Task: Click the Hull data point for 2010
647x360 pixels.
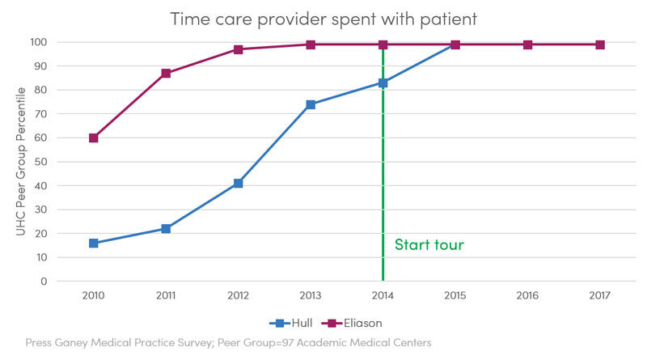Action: pyautogui.click(x=94, y=244)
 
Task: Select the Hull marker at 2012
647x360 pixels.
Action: pyautogui.click(x=238, y=184)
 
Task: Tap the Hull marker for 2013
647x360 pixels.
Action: pyautogui.click(x=311, y=104)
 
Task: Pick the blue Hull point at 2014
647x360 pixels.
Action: pyautogui.click(x=383, y=83)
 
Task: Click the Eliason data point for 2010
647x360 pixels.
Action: pyautogui.click(x=94, y=138)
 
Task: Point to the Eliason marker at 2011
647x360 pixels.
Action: pyautogui.click(x=166, y=74)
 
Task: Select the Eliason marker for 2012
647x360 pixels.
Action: pyautogui.click(x=238, y=49)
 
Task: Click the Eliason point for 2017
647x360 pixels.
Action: pyautogui.click(x=600, y=44)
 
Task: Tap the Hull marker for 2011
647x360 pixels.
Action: pyautogui.click(x=166, y=229)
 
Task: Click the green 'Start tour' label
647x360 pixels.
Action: pyautogui.click(x=429, y=244)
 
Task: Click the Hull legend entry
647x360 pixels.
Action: pyautogui.click(x=291, y=323)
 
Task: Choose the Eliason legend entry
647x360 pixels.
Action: pyautogui.click(x=352, y=323)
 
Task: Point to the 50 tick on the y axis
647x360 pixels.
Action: pyautogui.click(x=40, y=162)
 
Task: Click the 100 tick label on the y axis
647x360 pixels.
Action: pyautogui.click(x=38, y=42)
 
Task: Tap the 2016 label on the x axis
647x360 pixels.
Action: pyautogui.click(x=527, y=295)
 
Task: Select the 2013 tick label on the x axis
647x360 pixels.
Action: pyautogui.click(x=311, y=295)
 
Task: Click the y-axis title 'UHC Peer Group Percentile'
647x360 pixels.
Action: pyautogui.click(x=21, y=162)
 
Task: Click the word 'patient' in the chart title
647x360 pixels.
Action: pyautogui.click(x=449, y=19)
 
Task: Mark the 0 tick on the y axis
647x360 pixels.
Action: pyautogui.click(x=44, y=282)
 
